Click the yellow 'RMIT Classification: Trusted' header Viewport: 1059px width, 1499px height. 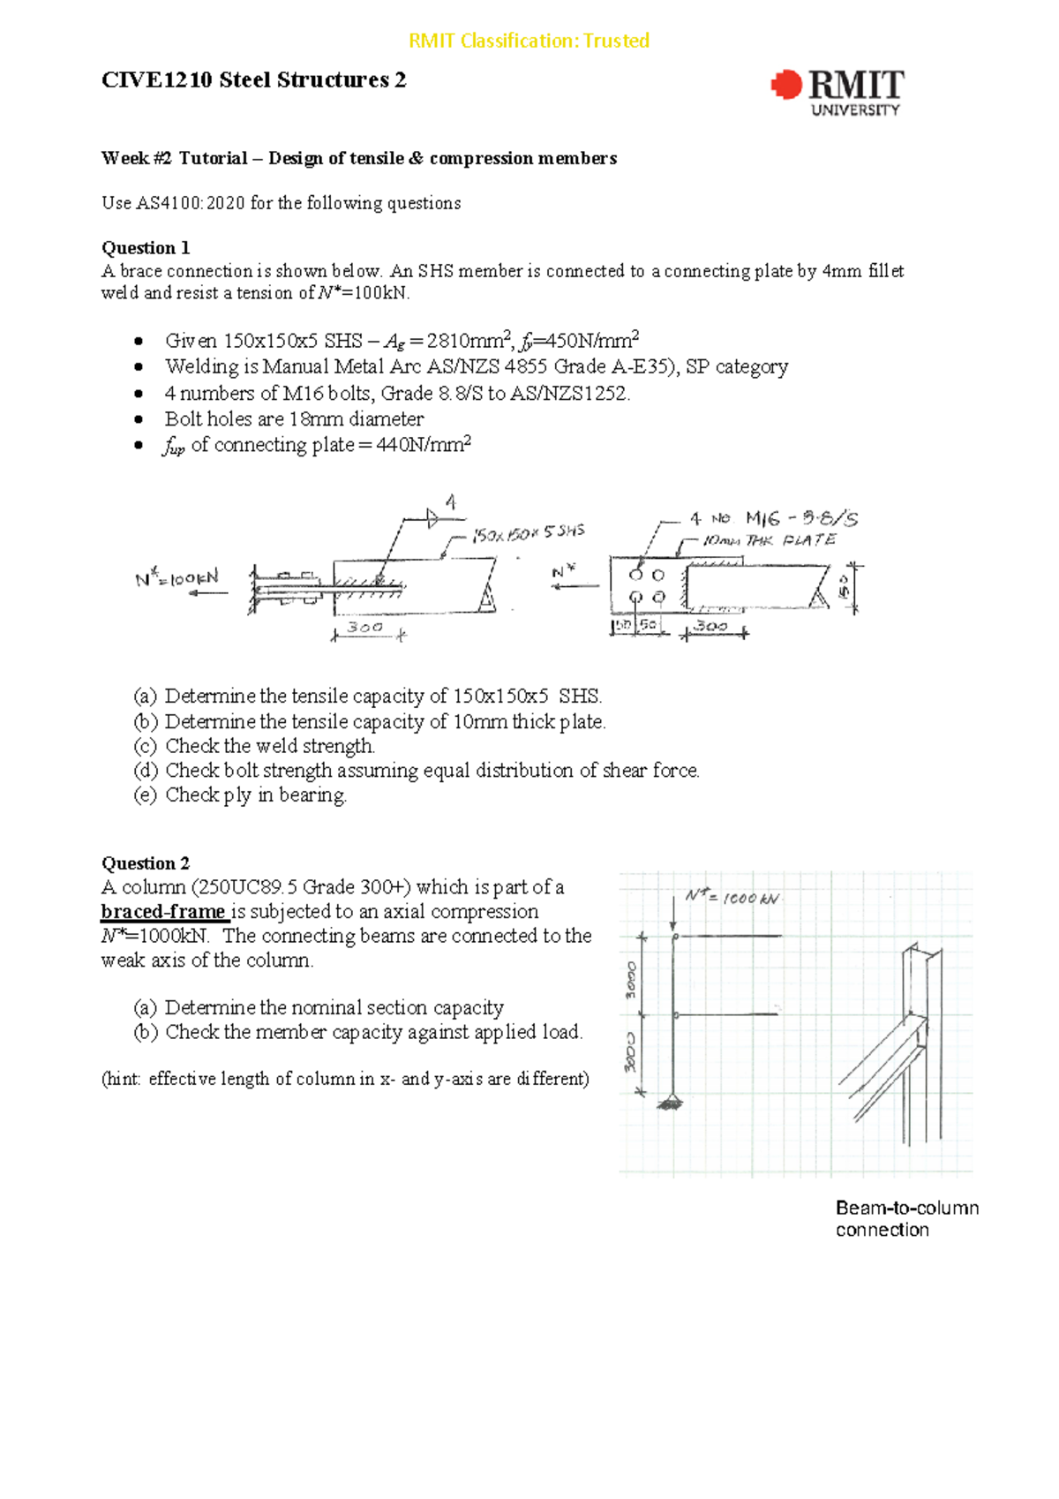[x=529, y=41]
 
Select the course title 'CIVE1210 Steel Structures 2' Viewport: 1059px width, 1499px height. [x=254, y=80]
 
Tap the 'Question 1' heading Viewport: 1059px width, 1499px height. [x=146, y=247]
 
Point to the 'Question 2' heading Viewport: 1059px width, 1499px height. [x=146, y=862]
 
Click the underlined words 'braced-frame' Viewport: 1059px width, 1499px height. [x=163, y=911]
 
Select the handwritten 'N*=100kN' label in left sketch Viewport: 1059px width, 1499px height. [x=176, y=579]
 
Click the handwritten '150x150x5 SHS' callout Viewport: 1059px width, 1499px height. [x=528, y=533]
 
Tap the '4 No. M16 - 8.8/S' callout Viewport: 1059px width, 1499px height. [x=773, y=518]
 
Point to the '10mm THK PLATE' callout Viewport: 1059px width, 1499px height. [x=769, y=539]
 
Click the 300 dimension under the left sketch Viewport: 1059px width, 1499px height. [x=364, y=628]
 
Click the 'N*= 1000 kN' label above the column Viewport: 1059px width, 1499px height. [x=732, y=897]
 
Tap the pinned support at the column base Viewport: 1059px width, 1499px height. [x=671, y=1101]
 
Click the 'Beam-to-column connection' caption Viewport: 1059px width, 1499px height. [x=906, y=1218]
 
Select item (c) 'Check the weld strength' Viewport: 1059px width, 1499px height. [x=254, y=746]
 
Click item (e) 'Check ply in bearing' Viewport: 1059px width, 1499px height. [x=240, y=795]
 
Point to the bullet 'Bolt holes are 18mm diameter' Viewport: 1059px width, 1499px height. [x=293, y=418]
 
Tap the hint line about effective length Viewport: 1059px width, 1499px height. [x=345, y=1078]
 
